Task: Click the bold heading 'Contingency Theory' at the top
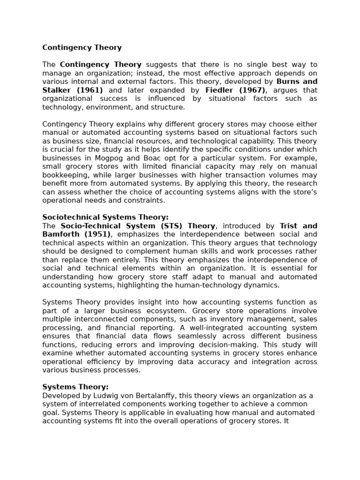click(x=82, y=47)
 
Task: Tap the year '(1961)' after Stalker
click(x=90, y=90)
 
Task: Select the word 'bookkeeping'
click(x=62, y=175)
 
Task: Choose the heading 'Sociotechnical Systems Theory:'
click(x=105, y=217)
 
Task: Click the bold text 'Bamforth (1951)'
click(x=76, y=234)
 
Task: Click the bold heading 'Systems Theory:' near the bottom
click(x=75, y=387)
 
